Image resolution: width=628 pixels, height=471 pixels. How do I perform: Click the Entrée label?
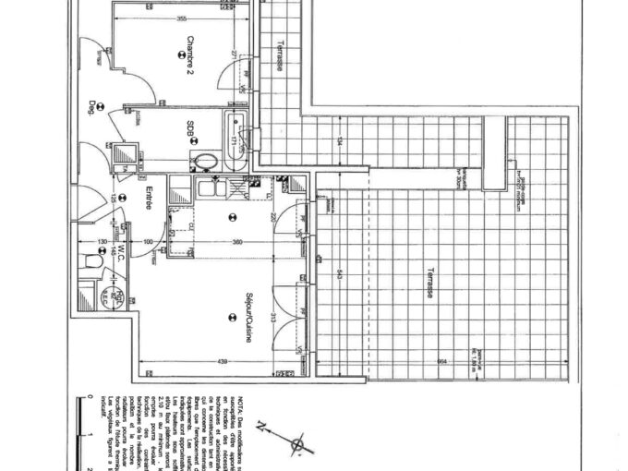[x=148, y=199]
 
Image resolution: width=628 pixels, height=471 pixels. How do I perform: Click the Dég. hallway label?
[x=91, y=107]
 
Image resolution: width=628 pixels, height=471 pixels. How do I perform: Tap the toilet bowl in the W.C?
[x=92, y=262]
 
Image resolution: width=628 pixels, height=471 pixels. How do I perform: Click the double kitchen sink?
[x=213, y=189]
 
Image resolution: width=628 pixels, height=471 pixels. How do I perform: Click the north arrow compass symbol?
[x=296, y=446]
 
